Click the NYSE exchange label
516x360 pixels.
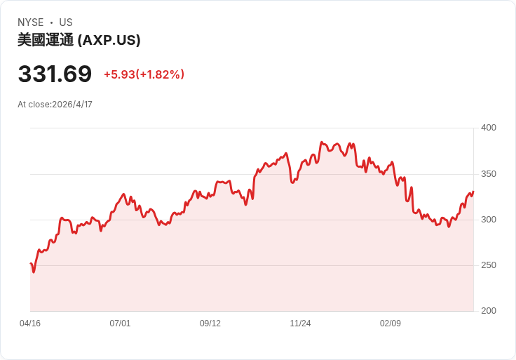tap(30, 22)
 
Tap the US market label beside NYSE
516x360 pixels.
tap(66, 22)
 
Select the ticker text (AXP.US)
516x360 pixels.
tap(109, 40)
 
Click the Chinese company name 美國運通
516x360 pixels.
tap(45, 40)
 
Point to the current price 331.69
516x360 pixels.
tap(55, 74)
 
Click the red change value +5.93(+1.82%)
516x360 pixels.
tap(144, 74)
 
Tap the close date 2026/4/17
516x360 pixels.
tap(72, 105)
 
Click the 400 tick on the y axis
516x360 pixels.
tap(488, 128)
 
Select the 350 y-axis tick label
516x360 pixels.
tap(488, 174)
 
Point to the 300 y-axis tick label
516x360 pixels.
tap(488, 220)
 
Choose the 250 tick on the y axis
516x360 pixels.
tap(488, 265)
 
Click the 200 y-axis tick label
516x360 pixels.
tap(488, 311)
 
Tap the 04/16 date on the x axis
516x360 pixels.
tap(30, 324)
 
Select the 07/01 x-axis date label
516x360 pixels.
tap(120, 324)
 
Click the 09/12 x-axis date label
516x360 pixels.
tap(210, 324)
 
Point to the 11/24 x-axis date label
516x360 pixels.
tap(300, 324)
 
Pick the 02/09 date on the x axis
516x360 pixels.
tap(391, 324)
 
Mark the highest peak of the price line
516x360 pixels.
tap(321, 142)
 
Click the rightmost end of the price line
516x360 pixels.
tap(473, 192)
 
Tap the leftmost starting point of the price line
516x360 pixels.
tap(31, 263)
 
